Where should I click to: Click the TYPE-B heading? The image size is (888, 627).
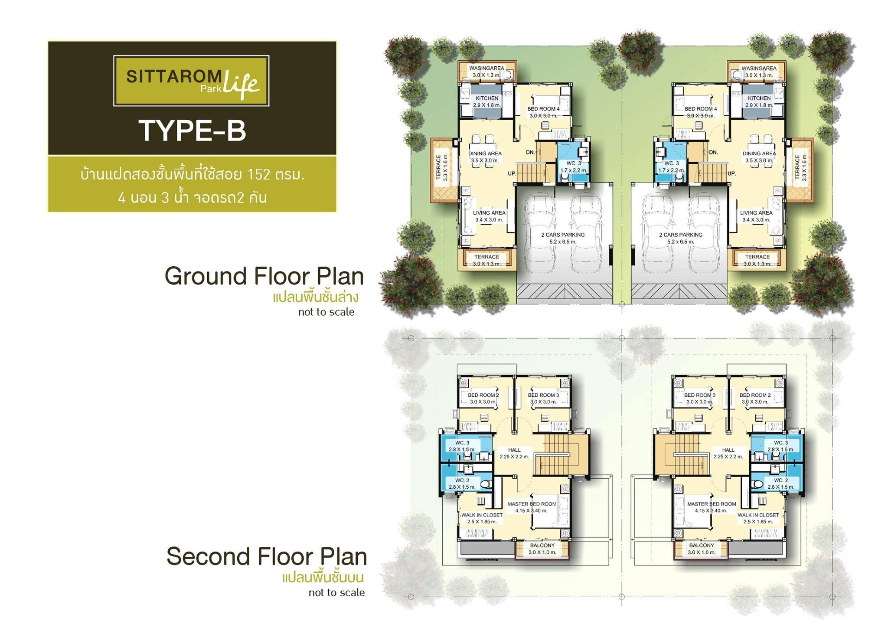click(192, 130)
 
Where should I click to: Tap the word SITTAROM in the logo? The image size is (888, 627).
click(174, 77)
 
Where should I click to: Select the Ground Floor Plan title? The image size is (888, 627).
click(264, 276)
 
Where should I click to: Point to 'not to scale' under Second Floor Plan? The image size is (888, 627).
click(336, 592)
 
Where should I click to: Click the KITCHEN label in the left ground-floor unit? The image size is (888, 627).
click(487, 98)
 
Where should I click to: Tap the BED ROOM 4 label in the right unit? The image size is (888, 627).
click(701, 109)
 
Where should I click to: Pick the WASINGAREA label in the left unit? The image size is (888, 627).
click(486, 68)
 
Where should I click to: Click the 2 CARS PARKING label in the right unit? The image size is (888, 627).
click(681, 235)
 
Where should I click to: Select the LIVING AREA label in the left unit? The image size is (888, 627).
click(489, 212)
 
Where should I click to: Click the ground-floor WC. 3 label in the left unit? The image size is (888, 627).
click(574, 163)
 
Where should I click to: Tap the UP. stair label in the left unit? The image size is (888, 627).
click(512, 173)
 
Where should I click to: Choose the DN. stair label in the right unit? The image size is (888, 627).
click(713, 152)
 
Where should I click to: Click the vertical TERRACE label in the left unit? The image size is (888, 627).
click(438, 167)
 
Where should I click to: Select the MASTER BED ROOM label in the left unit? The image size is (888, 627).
click(532, 504)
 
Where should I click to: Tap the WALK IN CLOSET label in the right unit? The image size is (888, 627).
click(758, 515)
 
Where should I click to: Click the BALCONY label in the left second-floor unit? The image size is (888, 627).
click(542, 545)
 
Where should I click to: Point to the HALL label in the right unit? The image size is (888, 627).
click(728, 450)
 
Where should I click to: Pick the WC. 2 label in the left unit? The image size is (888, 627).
click(462, 480)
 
